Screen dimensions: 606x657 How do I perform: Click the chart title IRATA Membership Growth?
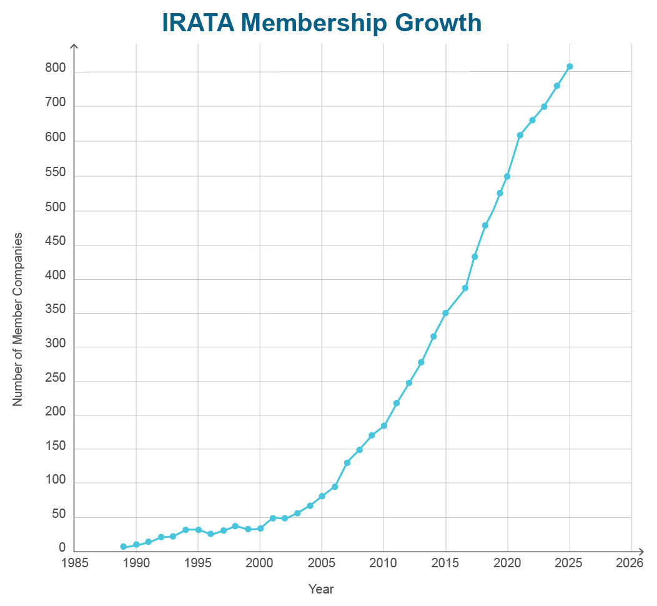coord(322,23)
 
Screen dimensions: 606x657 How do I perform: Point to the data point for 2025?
coord(570,66)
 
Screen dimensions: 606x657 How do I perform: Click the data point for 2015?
coord(445,313)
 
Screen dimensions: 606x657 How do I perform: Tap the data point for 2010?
coord(384,425)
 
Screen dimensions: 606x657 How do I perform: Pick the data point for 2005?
coord(322,496)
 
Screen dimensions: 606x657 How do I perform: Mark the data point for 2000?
coord(260,528)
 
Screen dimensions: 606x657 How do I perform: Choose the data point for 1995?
coord(198,530)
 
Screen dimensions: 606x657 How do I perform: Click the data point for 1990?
coord(136,544)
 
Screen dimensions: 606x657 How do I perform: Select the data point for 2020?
coord(507,176)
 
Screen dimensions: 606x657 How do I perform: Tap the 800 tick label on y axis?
coord(55,69)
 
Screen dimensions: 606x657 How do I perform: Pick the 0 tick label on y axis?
coord(62,548)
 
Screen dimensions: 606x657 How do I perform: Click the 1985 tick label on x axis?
coord(74,563)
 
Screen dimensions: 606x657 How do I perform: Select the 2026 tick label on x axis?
coord(629,563)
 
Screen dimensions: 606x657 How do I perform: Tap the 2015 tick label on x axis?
coord(445,563)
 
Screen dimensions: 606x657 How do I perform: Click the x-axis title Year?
coord(321,589)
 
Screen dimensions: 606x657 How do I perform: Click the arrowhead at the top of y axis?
coord(74,47)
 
